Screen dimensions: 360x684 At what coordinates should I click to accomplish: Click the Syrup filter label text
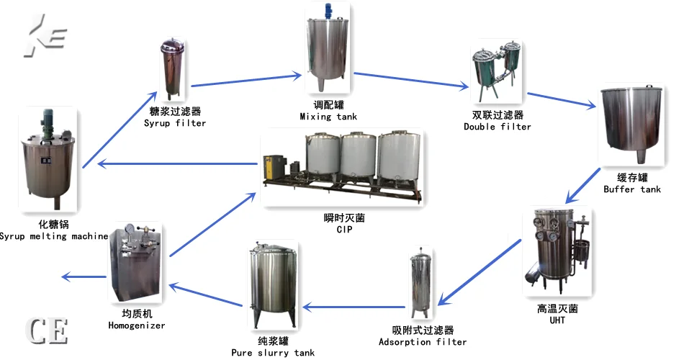point(175,123)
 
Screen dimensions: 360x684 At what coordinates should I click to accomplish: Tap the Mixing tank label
point(328,116)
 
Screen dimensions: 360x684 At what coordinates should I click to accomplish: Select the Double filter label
point(498,127)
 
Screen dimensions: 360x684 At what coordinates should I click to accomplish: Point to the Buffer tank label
point(631,189)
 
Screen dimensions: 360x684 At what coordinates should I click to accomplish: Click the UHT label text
point(557,320)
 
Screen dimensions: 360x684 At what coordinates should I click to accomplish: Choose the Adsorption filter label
point(423,342)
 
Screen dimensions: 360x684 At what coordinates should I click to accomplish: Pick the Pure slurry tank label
point(272,353)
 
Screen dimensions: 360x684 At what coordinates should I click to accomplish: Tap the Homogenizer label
point(136,325)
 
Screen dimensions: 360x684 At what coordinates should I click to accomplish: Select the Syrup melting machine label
point(54,236)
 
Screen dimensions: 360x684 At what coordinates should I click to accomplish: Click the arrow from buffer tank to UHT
point(582,185)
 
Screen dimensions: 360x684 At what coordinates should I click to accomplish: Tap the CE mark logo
point(48,330)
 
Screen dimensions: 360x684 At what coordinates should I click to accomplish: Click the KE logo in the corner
point(45,36)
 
